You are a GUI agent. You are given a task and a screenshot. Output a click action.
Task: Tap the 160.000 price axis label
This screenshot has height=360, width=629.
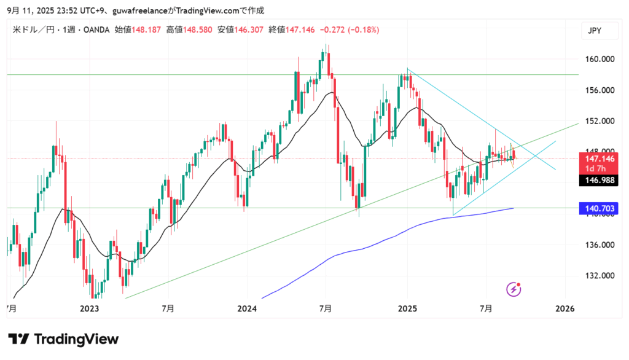[599, 60]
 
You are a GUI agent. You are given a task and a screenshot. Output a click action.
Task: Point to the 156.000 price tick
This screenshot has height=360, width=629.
[599, 90]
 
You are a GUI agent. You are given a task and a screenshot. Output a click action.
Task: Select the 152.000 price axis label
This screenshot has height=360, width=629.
[599, 121]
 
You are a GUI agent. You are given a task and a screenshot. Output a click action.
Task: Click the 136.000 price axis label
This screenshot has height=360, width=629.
[599, 245]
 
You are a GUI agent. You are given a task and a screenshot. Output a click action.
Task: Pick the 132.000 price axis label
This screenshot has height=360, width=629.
[599, 276]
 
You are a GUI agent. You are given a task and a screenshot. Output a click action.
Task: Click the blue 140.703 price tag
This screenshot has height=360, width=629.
[598, 209]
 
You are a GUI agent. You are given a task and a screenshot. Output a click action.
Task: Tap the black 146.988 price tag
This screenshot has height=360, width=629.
[598, 179]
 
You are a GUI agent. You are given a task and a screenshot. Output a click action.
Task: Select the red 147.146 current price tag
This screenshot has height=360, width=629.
[598, 158]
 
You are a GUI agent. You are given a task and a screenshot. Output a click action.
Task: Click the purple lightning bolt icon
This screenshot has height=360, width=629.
[514, 288]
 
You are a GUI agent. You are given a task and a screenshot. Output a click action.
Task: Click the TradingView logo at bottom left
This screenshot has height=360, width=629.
[63, 339]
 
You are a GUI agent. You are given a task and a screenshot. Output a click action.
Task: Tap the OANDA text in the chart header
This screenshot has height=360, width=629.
[96, 29]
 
